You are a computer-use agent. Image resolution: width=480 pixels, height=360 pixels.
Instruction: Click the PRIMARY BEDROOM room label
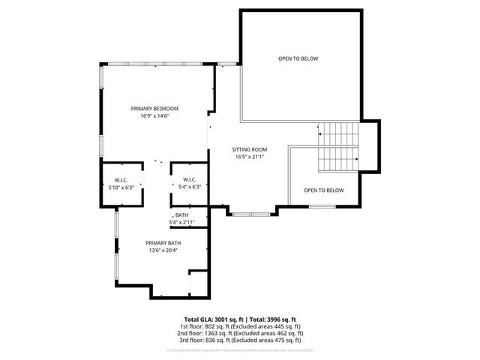pos(154,108)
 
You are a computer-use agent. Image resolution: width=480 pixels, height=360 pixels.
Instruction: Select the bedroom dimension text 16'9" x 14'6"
pos(154,116)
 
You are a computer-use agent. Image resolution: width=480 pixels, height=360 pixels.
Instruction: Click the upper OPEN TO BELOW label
pos(298,58)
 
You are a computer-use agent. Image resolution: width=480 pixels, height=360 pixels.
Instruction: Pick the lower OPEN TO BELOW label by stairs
pos(324,190)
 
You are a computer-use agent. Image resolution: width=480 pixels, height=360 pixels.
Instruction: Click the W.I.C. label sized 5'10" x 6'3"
pos(121,180)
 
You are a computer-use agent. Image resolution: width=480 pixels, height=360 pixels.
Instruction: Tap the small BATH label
pos(182,215)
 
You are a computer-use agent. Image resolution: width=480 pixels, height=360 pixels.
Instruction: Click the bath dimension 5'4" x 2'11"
pos(182,223)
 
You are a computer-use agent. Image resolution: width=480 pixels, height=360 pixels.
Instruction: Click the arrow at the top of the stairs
pos(320,133)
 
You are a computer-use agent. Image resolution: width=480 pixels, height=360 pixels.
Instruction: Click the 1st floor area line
pos(240,326)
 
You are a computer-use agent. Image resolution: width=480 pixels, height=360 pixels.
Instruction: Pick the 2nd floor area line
pos(240,333)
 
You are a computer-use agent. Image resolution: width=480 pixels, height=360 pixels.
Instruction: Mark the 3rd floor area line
pos(240,340)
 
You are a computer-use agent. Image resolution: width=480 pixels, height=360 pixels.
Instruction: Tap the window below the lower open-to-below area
pos(322,206)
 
